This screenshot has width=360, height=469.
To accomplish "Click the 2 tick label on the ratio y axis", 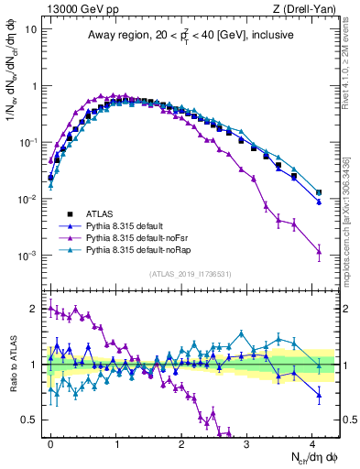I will [x=34, y=309].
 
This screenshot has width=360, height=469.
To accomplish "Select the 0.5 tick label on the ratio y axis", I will [x=30, y=420].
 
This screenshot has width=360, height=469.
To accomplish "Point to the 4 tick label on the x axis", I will [x=312, y=442].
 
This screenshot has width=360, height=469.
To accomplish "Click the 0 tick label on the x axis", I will [x=50, y=442].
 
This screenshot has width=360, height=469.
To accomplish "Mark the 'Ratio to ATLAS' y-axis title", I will [x=12, y=364].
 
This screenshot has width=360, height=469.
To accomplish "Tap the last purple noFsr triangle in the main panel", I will [x=319, y=251].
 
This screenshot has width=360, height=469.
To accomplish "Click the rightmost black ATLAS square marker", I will [x=319, y=193].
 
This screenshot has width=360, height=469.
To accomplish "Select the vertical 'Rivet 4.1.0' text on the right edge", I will [x=351, y=46].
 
